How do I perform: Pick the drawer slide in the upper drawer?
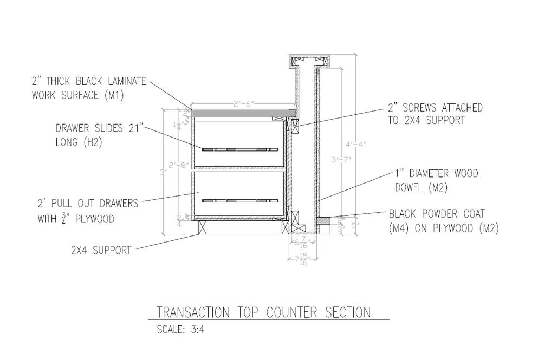pyautogui.click(x=239, y=149)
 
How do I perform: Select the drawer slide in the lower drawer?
pyautogui.click(x=239, y=201)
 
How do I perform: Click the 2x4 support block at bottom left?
pyautogui.click(x=204, y=227)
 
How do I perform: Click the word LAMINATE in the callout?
pyautogui.click(x=125, y=82)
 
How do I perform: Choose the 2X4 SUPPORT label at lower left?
pyautogui.click(x=101, y=250)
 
